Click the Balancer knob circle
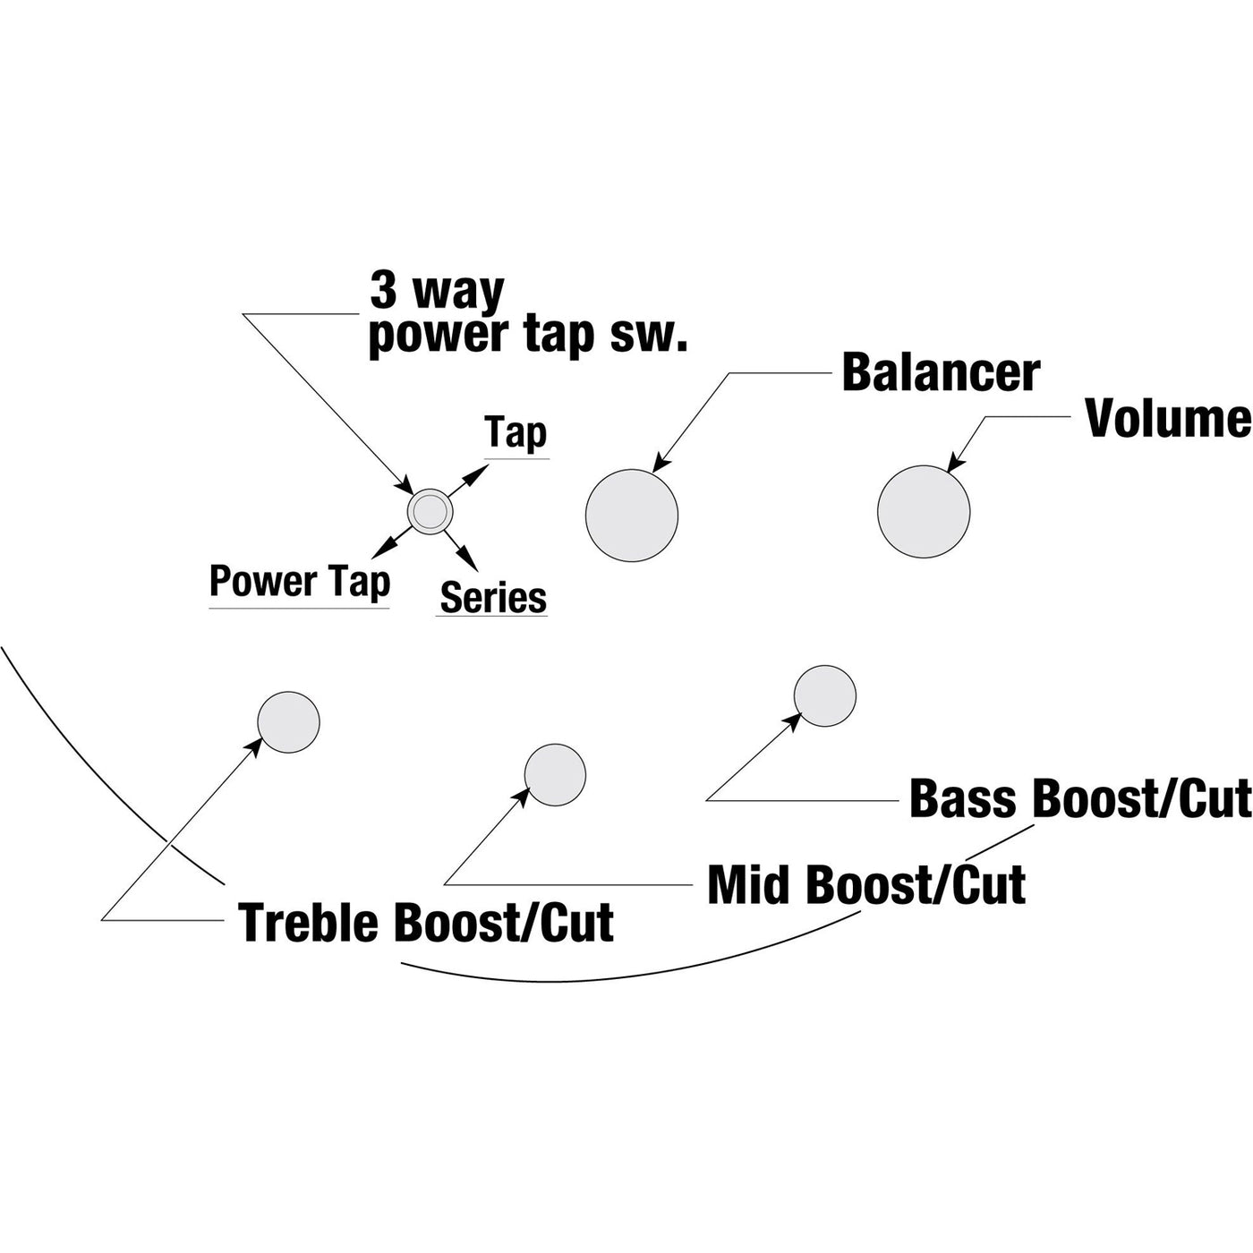(632, 516)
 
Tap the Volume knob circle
(924, 511)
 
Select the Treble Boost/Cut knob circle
(288, 722)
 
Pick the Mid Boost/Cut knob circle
(555, 774)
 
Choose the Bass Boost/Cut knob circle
(825, 696)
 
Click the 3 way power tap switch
(430, 511)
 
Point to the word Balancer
(941, 372)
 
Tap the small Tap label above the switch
(516, 432)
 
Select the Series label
(493, 597)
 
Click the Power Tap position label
(300, 582)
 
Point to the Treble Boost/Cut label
(426, 923)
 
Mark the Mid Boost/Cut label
(865, 884)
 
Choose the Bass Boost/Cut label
(1079, 798)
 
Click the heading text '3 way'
(438, 292)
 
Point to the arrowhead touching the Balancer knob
(660, 464)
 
